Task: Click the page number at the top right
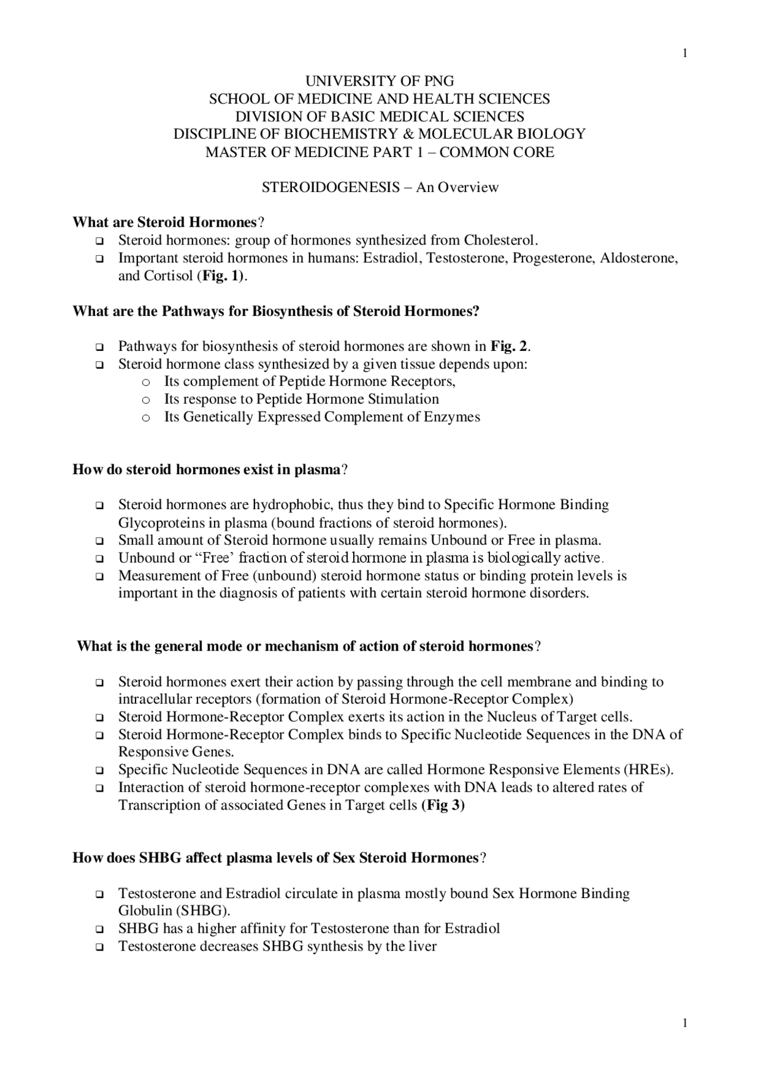tap(685, 54)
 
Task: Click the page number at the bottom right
tap(685, 1023)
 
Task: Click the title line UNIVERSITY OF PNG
tap(379, 81)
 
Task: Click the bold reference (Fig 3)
tap(443, 805)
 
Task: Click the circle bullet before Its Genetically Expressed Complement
tap(146, 418)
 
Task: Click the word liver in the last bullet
tap(422, 946)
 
